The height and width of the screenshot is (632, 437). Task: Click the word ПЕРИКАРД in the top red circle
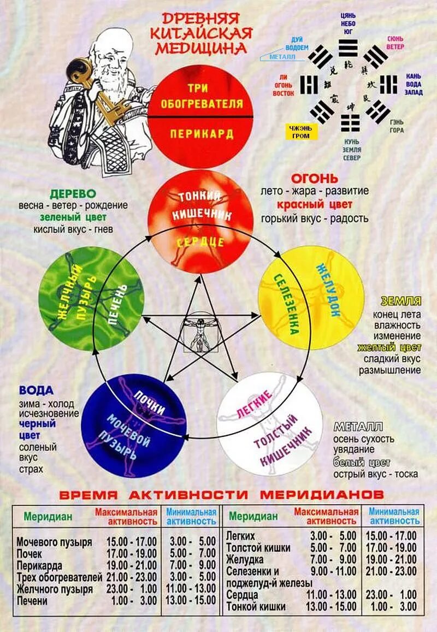202,134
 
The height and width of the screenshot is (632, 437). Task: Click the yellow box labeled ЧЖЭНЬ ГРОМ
300,131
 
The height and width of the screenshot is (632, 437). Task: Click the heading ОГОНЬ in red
314,179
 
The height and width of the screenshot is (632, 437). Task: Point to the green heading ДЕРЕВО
73,193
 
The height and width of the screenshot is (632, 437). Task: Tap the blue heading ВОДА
36,390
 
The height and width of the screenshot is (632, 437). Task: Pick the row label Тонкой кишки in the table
256,606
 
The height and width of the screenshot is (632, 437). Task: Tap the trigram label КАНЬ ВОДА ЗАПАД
414,84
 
